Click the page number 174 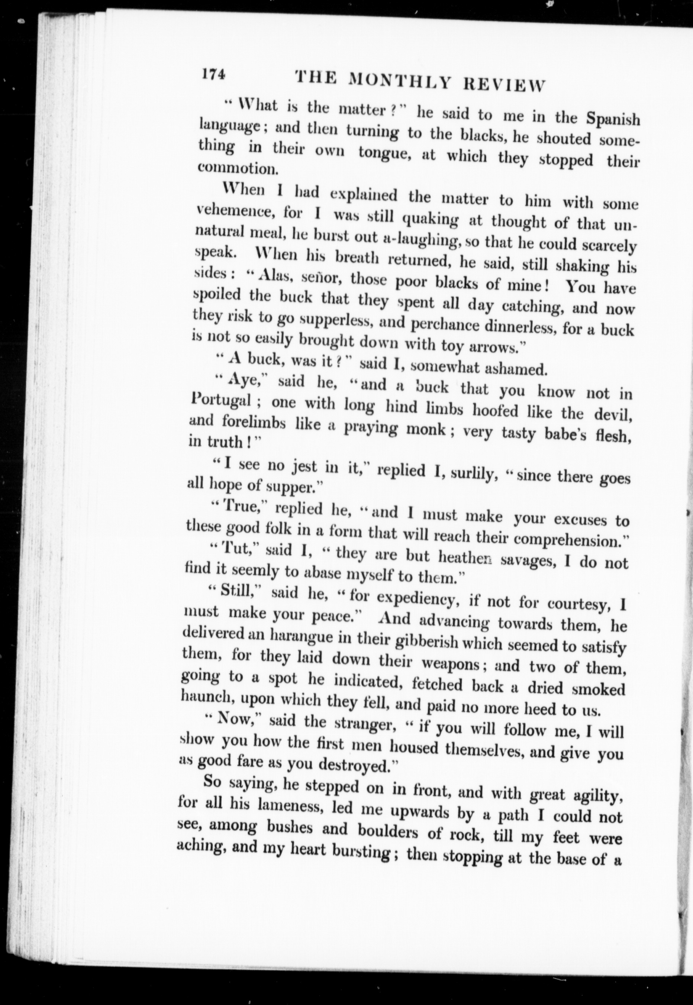(213, 75)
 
